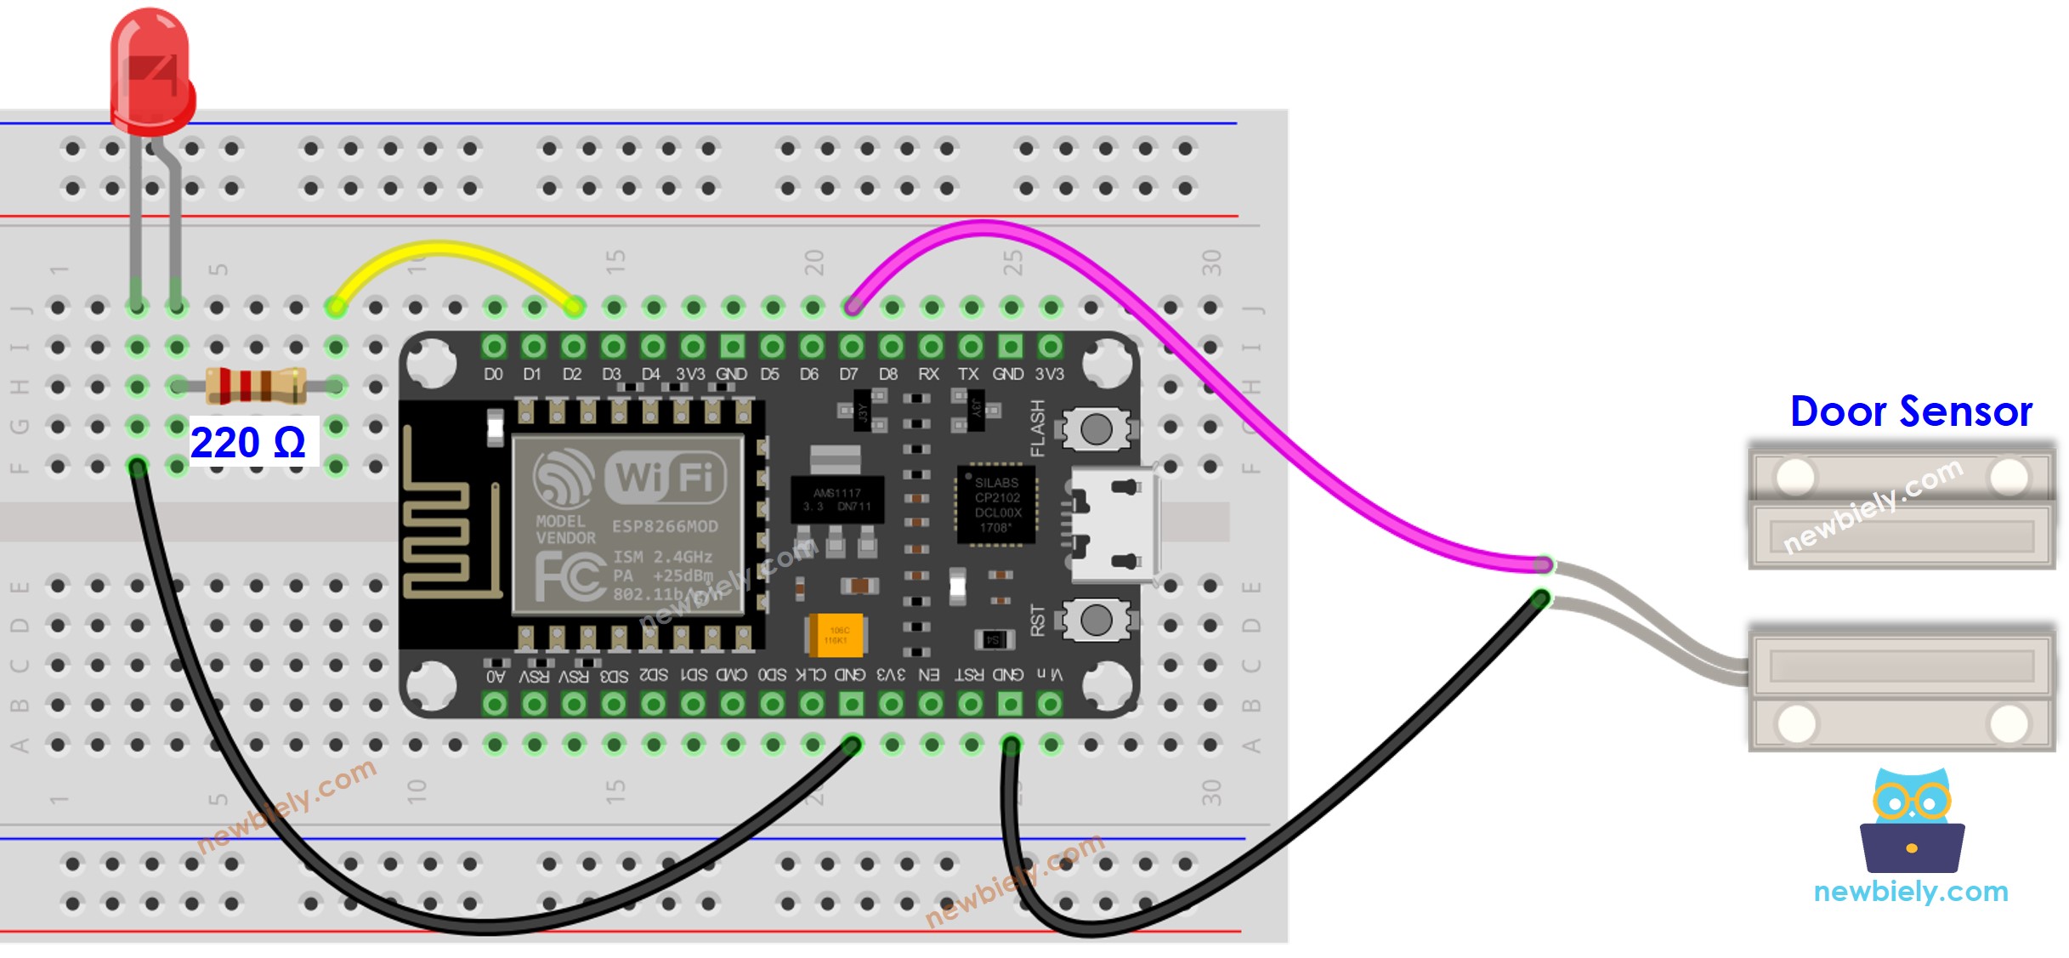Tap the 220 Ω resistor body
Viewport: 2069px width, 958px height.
(x=255, y=385)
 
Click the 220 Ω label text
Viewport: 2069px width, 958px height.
(x=247, y=443)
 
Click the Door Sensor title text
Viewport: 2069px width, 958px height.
(x=1910, y=412)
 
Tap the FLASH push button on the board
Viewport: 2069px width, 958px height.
(x=1095, y=428)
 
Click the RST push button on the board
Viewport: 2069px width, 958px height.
(x=1095, y=620)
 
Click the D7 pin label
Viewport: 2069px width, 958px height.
(x=848, y=374)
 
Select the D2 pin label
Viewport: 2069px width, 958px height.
(x=572, y=374)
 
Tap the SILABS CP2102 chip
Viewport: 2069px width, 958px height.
(x=996, y=504)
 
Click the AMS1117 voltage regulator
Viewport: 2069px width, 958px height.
(x=836, y=500)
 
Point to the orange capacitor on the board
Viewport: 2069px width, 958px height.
(x=836, y=635)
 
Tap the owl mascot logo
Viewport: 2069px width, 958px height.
(x=1911, y=820)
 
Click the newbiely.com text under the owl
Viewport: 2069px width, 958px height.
(x=1910, y=892)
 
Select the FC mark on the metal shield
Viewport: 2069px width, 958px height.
(x=570, y=575)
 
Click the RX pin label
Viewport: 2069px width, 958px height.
(x=928, y=374)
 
